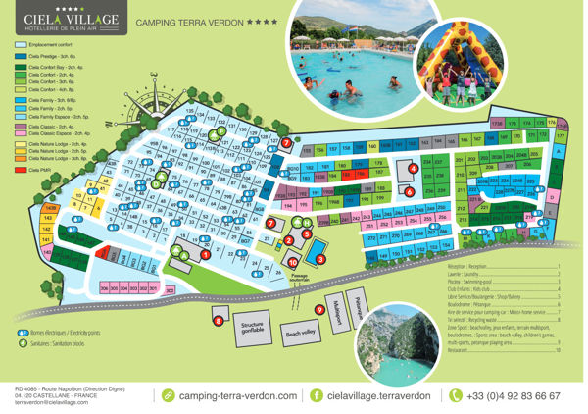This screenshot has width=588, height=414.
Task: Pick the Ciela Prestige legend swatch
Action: (22, 57)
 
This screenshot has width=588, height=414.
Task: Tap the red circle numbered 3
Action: (319, 258)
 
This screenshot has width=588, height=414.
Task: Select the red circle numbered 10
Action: (292, 262)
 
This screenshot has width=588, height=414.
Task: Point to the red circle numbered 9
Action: (319, 309)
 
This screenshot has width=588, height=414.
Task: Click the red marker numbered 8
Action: (218, 320)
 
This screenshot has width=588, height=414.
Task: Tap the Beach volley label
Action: (301, 333)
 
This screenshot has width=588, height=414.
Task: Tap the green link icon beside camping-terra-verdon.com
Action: (168, 395)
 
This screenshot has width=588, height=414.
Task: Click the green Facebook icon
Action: (317, 395)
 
